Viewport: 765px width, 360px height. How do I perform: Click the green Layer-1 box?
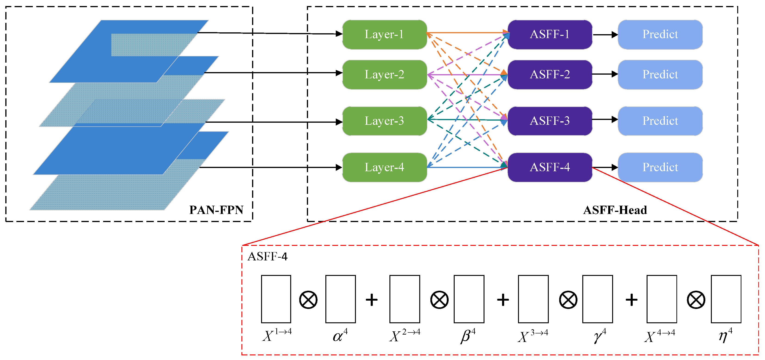[x=385, y=34]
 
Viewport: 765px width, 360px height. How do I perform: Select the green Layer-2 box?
[x=385, y=74]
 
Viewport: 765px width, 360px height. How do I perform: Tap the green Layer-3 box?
[x=385, y=121]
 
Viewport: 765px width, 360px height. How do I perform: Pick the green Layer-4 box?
[x=385, y=167]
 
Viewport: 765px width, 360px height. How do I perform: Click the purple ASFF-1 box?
[x=550, y=34]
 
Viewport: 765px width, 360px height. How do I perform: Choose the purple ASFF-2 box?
[x=550, y=74]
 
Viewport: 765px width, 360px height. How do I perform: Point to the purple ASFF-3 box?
[x=550, y=121]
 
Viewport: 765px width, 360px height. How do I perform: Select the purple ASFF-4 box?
[x=550, y=167]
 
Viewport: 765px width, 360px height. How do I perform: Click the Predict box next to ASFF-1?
[x=660, y=34]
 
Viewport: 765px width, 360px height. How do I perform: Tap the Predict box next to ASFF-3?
[x=660, y=121]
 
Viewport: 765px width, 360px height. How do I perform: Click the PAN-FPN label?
[x=216, y=210]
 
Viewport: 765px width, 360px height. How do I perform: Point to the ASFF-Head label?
[x=615, y=210]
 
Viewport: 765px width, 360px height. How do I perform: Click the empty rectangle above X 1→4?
[x=276, y=299]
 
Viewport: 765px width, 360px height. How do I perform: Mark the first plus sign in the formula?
[x=371, y=300]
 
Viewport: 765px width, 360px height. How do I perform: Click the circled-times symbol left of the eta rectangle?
[x=696, y=300]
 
